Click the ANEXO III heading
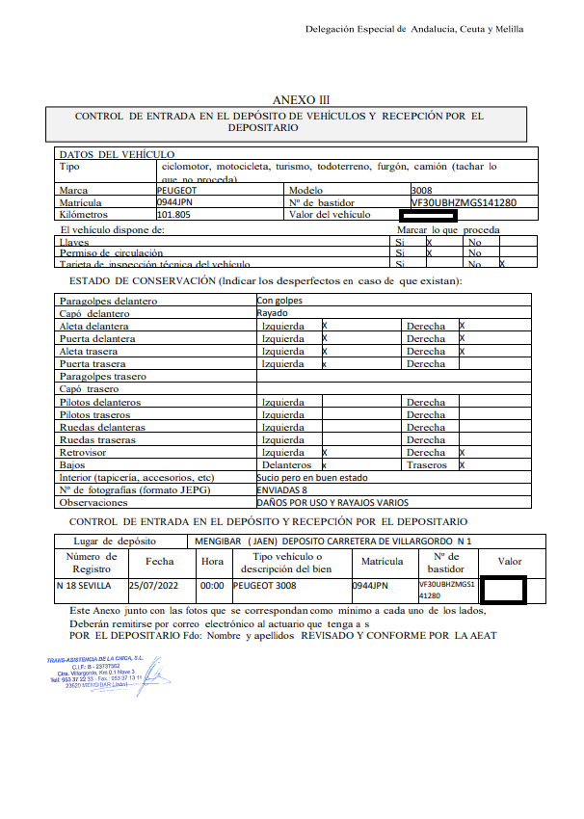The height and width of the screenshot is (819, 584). [301, 99]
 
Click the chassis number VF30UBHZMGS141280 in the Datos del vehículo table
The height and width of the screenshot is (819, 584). [464, 203]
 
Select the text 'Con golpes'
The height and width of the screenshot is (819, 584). [279, 302]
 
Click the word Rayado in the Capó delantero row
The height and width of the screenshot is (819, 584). [273, 314]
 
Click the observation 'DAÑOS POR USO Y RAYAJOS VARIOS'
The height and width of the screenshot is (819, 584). [332, 502]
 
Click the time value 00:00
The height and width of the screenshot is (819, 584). [211, 585]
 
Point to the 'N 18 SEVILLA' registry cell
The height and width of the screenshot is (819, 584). [84, 585]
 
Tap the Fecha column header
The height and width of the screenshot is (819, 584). [159, 561]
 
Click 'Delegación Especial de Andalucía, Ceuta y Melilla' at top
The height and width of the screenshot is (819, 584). [414, 29]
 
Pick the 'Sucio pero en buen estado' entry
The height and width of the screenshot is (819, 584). [311, 477]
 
